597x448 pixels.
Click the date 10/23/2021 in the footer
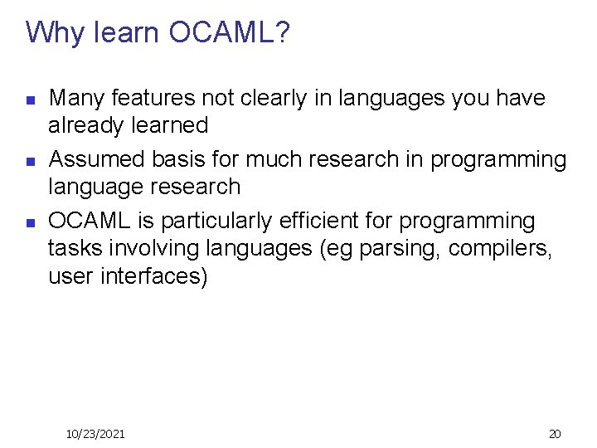tap(95, 434)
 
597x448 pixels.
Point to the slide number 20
tap(555, 434)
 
